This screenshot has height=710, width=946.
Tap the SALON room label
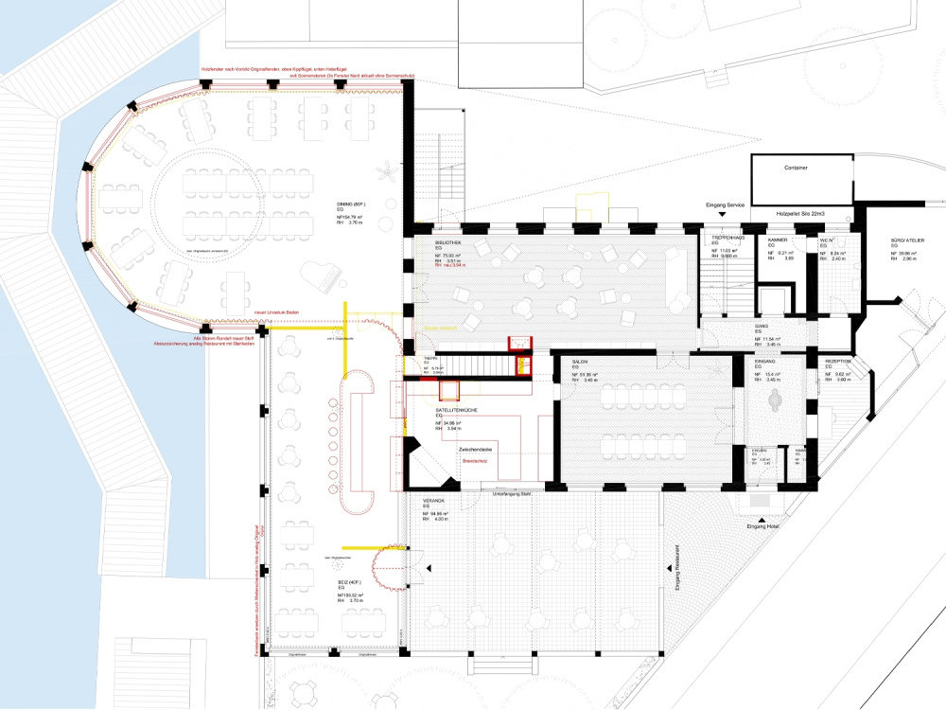tap(582, 362)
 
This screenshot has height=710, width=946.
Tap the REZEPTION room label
tap(839, 362)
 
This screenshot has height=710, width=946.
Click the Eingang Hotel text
tap(762, 525)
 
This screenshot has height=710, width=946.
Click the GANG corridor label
tap(761, 326)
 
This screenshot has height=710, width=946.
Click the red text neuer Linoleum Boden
tap(276, 312)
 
